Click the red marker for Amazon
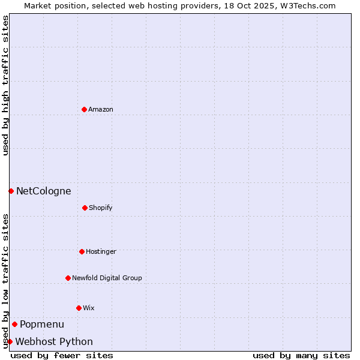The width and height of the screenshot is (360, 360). coord(84,109)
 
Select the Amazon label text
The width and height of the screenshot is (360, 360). coord(101,109)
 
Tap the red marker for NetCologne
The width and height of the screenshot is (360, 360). coord(11,191)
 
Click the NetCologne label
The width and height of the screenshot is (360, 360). coord(43,191)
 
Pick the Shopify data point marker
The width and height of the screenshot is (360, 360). coord(85,208)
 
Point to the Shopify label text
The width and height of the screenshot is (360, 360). coord(101,208)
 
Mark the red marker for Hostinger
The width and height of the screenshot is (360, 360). coord(82,251)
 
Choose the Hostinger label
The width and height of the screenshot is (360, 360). coord(101,251)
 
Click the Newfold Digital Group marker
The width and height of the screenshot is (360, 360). coord(68,278)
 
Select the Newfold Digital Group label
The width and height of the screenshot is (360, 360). coord(107,278)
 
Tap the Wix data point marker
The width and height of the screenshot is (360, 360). coord(79,308)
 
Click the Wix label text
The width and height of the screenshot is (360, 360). coord(89,308)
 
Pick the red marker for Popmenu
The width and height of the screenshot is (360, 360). coord(14,324)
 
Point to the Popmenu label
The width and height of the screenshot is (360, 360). coord(42,325)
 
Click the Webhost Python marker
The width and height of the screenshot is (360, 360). coord(10,341)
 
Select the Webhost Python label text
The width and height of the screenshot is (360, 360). coord(54,342)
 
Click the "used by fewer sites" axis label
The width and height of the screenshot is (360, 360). coord(62,355)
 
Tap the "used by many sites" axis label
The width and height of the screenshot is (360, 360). coord(301,355)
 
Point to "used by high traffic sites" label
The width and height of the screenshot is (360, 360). coord(5,85)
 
